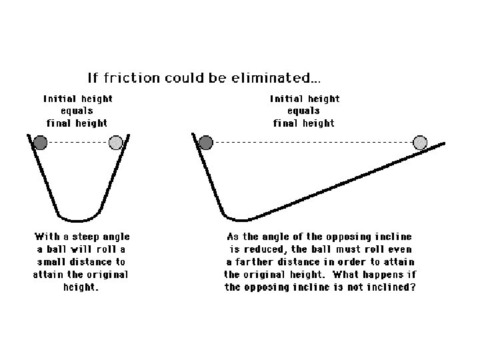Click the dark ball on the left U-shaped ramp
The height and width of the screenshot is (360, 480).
pyautogui.click(x=41, y=142)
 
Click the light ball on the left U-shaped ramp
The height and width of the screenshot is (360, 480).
pyautogui.click(x=115, y=142)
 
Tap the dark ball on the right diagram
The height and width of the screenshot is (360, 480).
pyautogui.click(x=206, y=142)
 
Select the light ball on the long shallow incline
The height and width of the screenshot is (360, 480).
pyautogui.click(x=420, y=142)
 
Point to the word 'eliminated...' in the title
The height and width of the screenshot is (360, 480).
pyautogui.click(x=275, y=77)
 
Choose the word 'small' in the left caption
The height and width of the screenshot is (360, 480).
pyautogui.click(x=55, y=262)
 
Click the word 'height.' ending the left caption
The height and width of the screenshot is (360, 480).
pyautogui.click(x=81, y=287)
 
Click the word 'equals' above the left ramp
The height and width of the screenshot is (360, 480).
pyautogui.click(x=78, y=111)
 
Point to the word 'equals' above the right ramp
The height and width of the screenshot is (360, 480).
pyautogui.click(x=305, y=111)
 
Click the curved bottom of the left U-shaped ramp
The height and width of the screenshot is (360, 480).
pyautogui.click(x=79, y=219)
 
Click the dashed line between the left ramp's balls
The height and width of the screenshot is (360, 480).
pyautogui.click(x=78, y=142)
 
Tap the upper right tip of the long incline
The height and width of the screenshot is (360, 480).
pyautogui.click(x=443, y=143)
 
